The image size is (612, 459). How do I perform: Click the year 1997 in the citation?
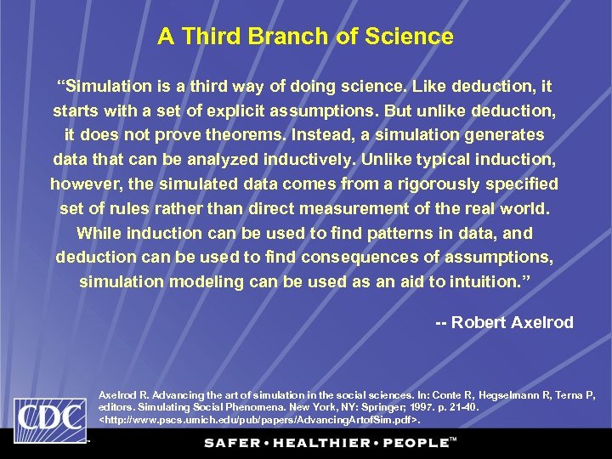pos(423,408)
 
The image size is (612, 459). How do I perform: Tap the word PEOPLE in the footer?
pos(414,443)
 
